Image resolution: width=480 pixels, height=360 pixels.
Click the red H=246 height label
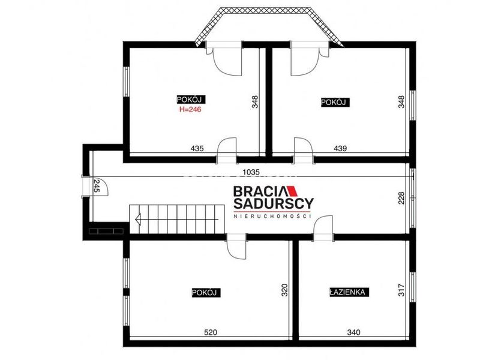(x=190, y=109)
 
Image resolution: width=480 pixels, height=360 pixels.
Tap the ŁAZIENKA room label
(x=349, y=292)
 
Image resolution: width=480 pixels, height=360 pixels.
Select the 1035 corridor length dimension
(x=251, y=172)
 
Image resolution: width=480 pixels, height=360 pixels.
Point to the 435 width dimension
(x=197, y=148)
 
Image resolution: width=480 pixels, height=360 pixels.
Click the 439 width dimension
(x=340, y=148)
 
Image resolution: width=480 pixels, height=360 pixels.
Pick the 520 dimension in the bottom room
(x=211, y=332)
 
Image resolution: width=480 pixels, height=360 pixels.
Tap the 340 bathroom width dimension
(x=353, y=332)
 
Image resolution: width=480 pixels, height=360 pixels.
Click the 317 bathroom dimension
(x=401, y=290)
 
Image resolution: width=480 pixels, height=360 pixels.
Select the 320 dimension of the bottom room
(x=284, y=290)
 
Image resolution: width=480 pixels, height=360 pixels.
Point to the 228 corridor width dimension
(x=401, y=198)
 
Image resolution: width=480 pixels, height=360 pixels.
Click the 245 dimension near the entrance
(x=97, y=186)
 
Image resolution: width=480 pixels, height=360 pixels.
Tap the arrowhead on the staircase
(x=138, y=220)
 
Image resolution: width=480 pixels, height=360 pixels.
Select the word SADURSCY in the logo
(x=274, y=203)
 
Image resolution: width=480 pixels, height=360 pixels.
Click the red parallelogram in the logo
(x=293, y=191)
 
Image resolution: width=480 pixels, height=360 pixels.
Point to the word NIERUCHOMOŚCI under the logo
(x=272, y=216)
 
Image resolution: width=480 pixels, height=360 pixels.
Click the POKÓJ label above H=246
(x=191, y=100)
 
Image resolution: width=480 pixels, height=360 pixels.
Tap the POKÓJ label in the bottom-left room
(x=206, y=292)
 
